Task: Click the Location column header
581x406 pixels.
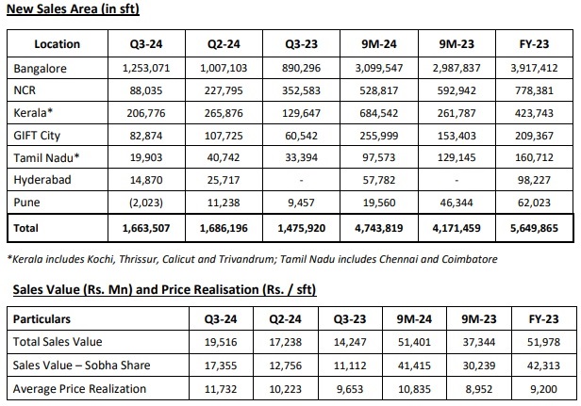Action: click(x=57, y=44)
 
